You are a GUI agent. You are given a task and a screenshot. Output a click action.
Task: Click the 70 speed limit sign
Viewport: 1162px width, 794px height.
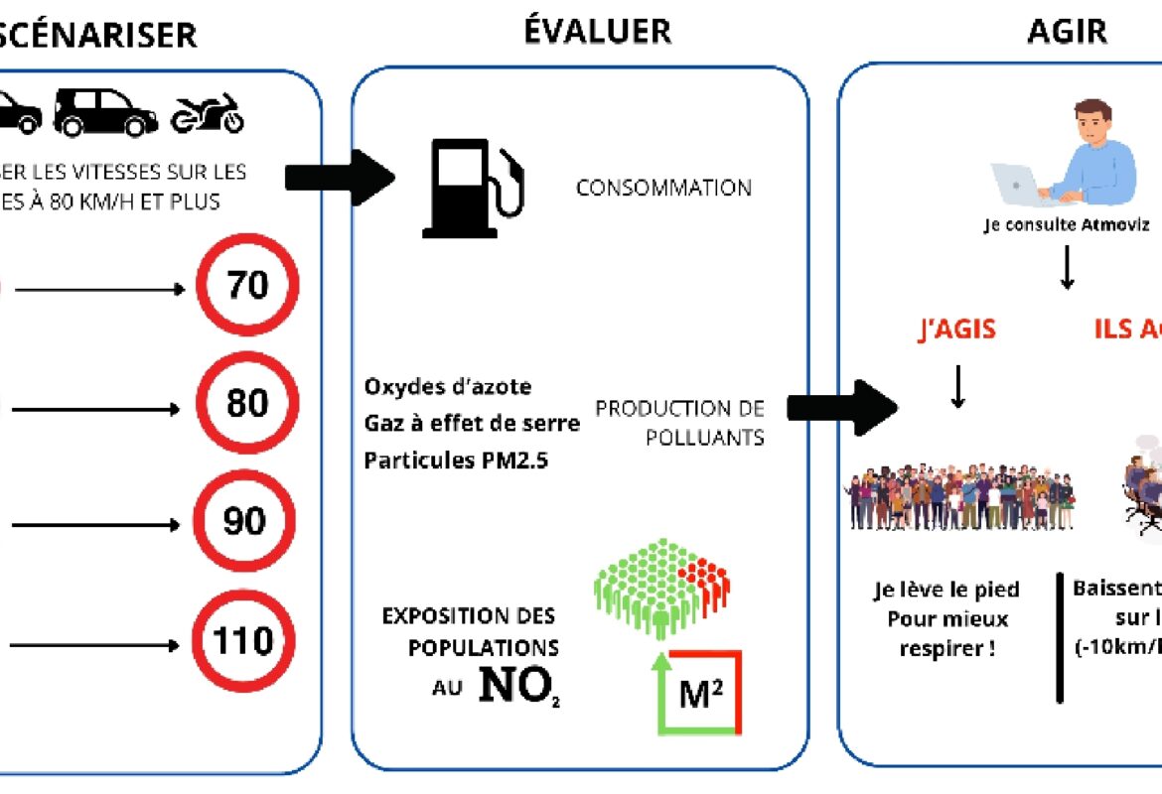click(x=247, y=286)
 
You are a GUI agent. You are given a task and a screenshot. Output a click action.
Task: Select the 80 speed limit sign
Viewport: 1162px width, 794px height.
click(x=247, y=404)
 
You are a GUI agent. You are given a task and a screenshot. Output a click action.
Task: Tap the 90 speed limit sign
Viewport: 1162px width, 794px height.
click(x=244, y=521)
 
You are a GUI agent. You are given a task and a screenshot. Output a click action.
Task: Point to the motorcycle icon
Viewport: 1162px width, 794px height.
click(x=207, y=114)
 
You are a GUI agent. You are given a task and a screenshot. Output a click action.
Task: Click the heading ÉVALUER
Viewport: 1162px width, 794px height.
click(x=597, y=31)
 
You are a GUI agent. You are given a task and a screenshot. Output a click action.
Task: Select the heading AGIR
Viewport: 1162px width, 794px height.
click(x=1067, y=31)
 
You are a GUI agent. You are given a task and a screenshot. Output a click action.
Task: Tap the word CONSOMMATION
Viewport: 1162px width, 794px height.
click(x=663, y=188)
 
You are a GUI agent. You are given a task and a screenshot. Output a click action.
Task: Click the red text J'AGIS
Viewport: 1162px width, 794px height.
click(x=957, y=330)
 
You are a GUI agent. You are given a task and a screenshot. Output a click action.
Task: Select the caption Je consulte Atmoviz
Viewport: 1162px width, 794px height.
click(x=1067, y=225)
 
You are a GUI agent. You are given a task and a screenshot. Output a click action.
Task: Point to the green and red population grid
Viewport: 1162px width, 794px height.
click(x=661, y=586)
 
